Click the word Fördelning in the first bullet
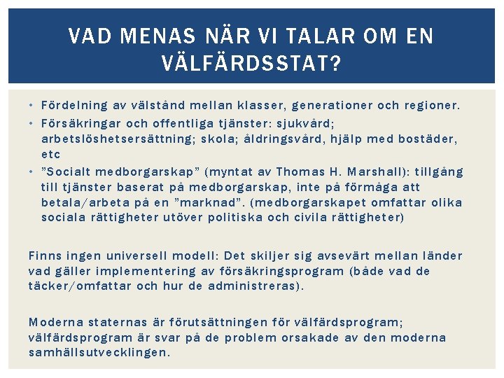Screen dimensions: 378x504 74,106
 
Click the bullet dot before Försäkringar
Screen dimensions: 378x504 32,122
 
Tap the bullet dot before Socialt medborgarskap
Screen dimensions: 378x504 32,172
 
